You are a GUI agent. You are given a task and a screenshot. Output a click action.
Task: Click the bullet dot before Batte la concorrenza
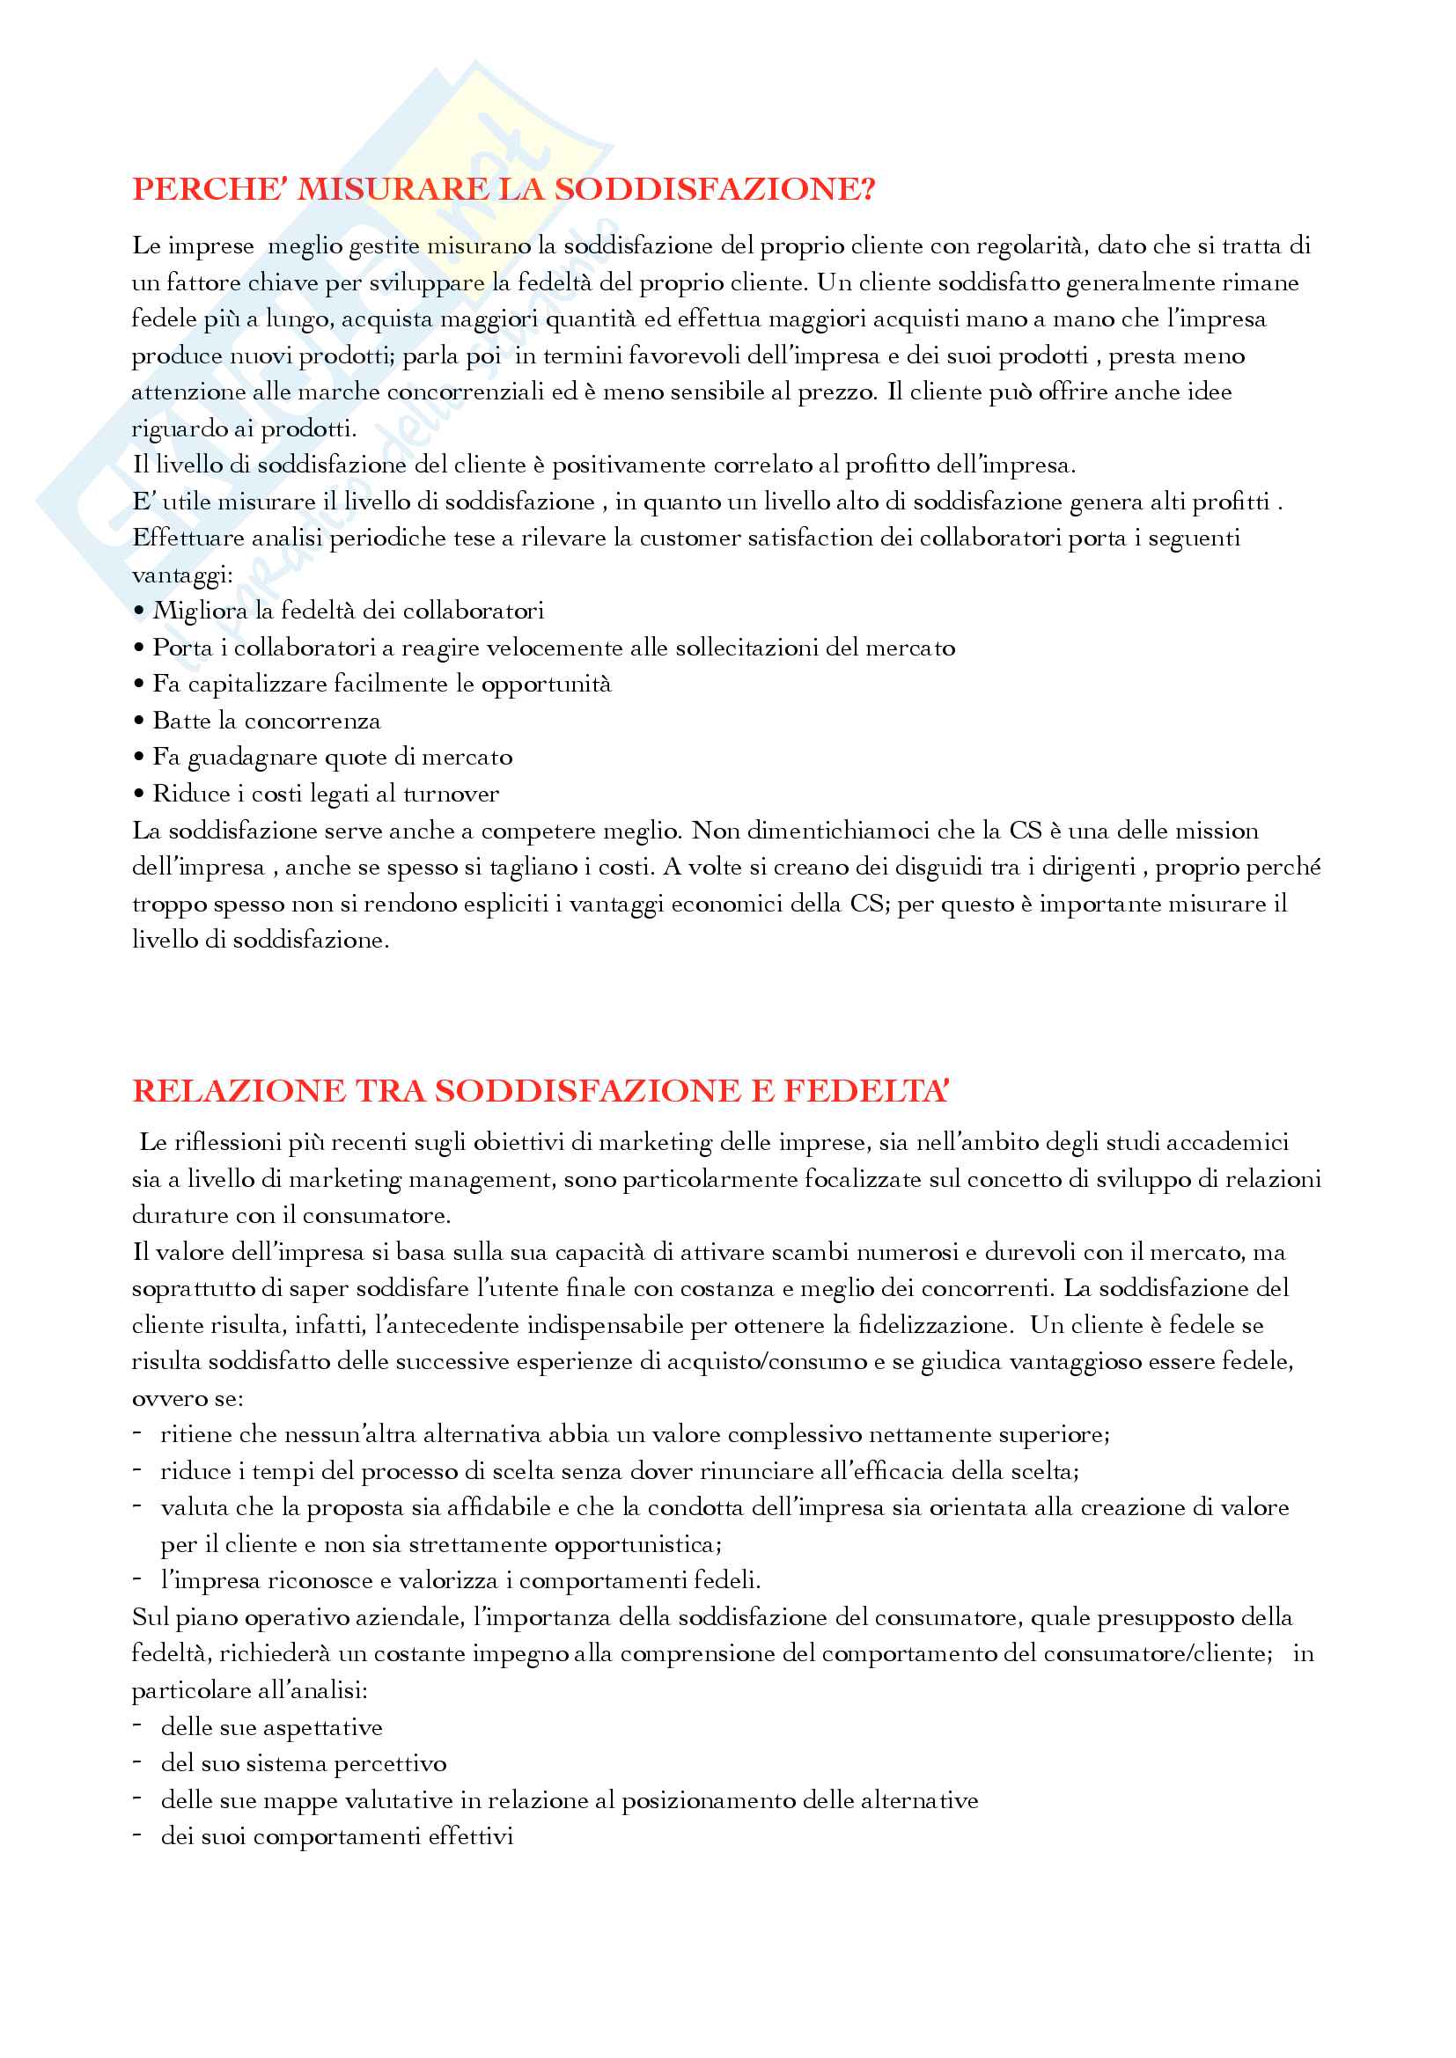pos(139,721)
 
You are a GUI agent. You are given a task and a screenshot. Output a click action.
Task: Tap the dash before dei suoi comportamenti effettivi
pos(137,1835)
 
